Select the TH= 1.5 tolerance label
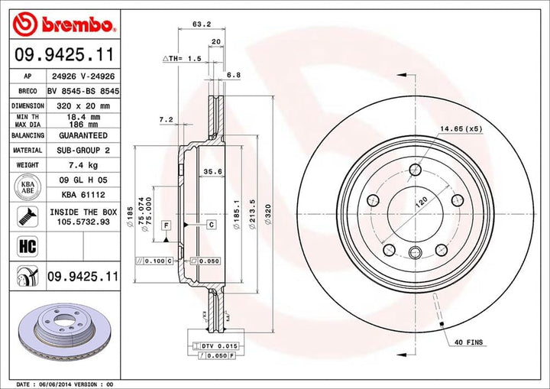(181, 58)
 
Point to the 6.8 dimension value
(234, 75)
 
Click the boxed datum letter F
(165, 224)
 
